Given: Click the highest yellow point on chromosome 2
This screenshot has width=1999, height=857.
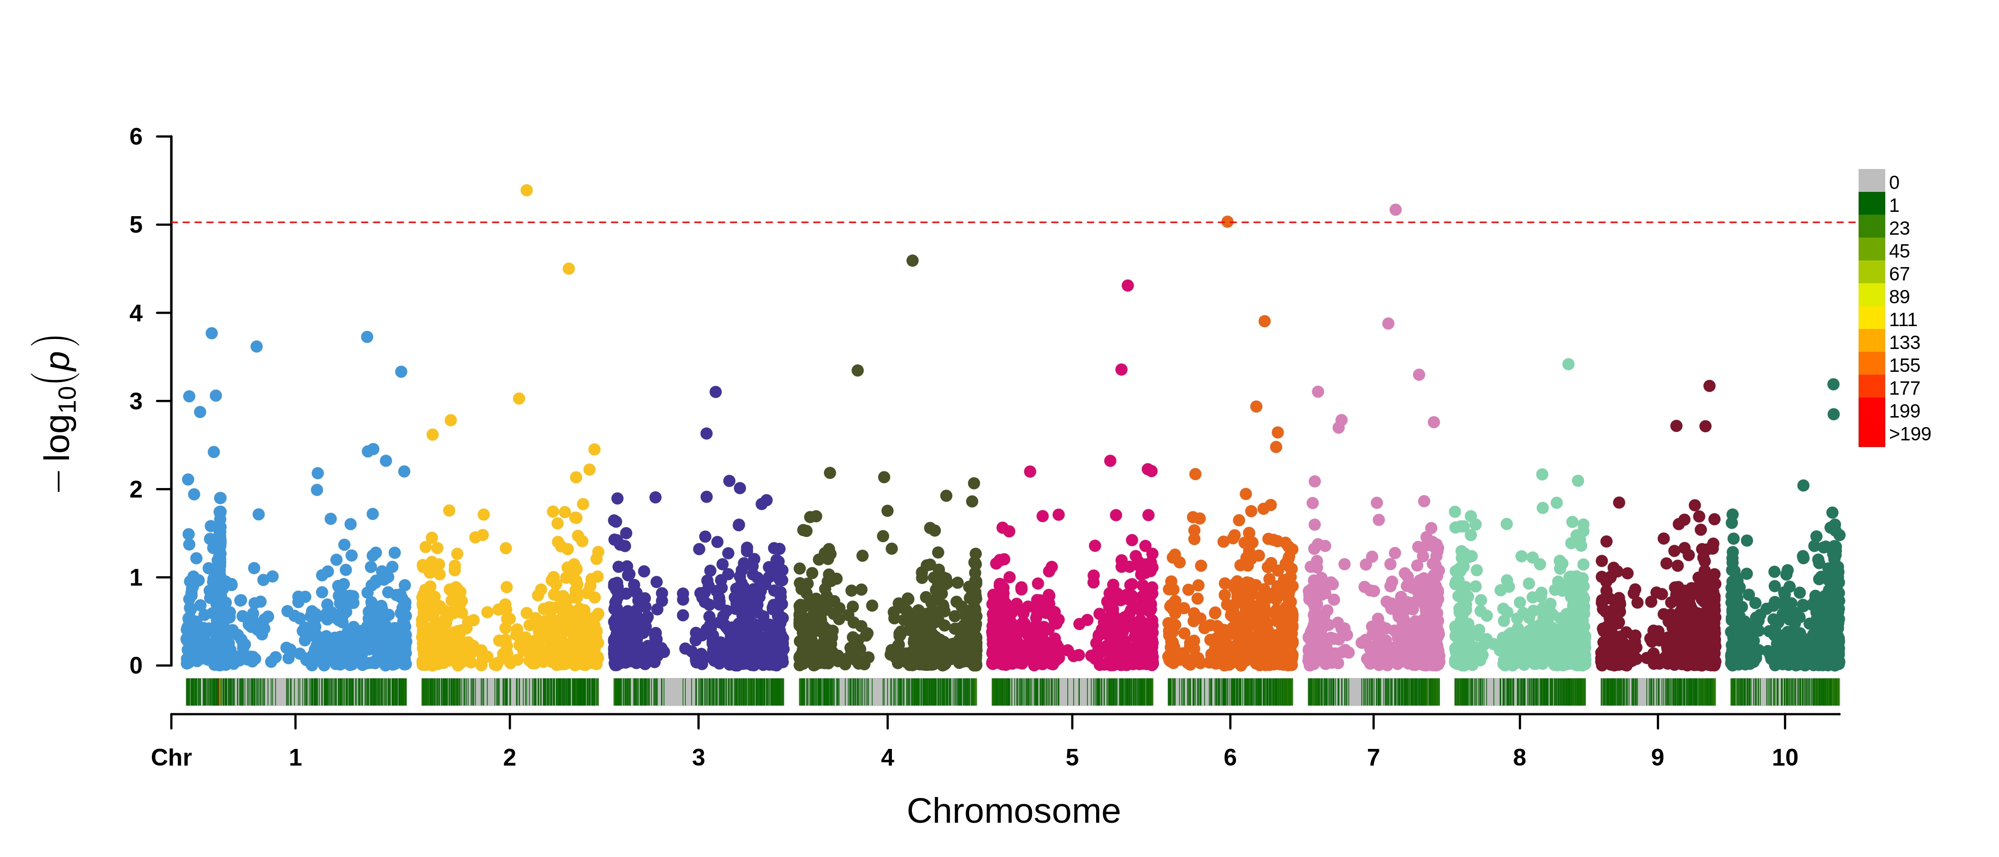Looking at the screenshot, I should point(526,190).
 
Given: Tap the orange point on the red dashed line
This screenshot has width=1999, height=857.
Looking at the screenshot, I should point(1227,222).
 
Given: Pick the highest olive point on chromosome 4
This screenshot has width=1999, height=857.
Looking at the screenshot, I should point(912,261).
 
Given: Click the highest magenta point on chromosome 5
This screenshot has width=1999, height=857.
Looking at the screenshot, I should point(1128,286).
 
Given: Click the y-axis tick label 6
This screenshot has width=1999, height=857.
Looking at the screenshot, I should point(137,138).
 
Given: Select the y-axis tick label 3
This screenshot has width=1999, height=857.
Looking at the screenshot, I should point(137,401).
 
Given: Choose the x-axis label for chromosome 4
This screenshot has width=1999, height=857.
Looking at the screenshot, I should point(887,757).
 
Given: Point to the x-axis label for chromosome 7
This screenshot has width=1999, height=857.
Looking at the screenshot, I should point(1373,757).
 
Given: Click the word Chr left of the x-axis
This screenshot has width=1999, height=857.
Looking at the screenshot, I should point(171,757).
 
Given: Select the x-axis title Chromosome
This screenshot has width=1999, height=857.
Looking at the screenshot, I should point(1013,811).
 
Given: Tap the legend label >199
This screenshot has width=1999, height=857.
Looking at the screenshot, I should point(1909,434).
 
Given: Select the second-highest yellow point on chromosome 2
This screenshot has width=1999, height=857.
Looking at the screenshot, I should point(568,269).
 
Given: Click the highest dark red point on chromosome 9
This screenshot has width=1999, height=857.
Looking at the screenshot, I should point(1709,386).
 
